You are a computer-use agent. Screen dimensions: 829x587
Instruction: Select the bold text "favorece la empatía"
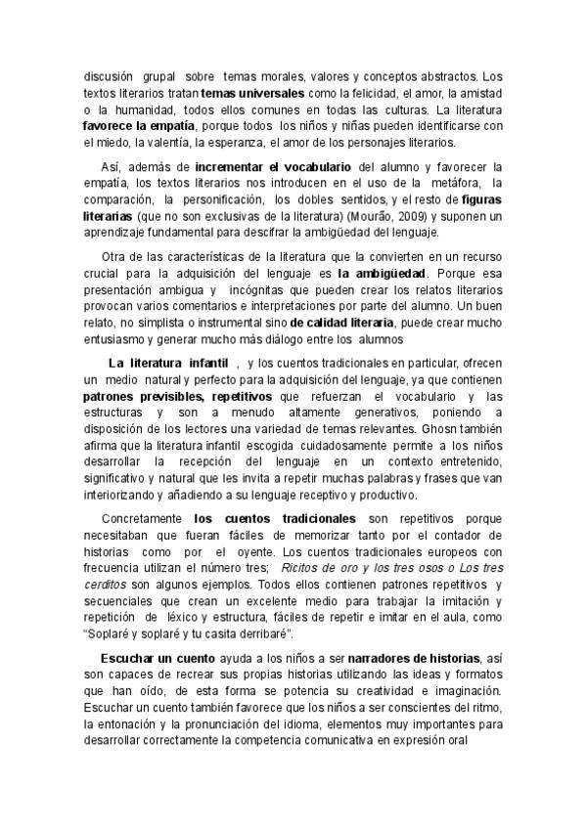point(140,125)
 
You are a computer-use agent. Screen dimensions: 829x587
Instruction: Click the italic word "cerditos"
point(105,585)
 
